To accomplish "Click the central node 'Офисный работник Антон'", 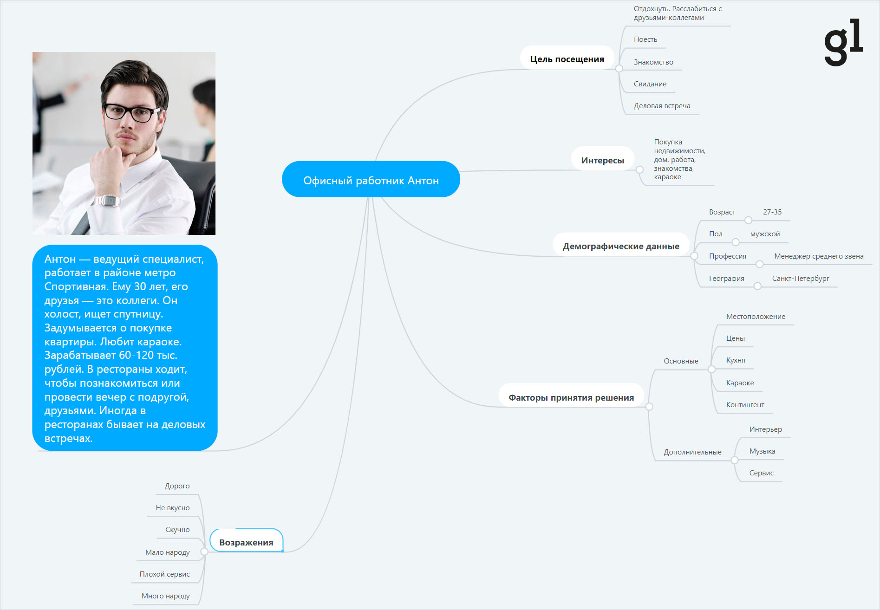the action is pyautogui.click(x=371, y=179).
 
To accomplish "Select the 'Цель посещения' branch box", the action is pyautogui.click(x=567, y=58).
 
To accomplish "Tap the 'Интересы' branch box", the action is pyautogui.click(x=602, y=159).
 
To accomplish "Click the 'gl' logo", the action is pyautogui.click(x=843, y=42).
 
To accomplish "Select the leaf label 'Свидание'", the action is pyautogui.click(x=650, y=84).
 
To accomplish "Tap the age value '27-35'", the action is pyautogui.click(x=772, y=212).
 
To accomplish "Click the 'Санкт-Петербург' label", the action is pyautogui.click(x=801, y=279).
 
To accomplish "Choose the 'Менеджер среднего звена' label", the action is pyautogui.click(x=819, y=256).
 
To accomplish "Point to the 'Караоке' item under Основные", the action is pyautogui.click(x=740, y=383).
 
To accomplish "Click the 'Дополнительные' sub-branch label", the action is pyautogui.click(x=692, y=452).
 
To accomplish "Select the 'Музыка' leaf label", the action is pyautogui.click(x=762, y=451).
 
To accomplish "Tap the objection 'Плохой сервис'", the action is pyautogui.click(x=164, y=574).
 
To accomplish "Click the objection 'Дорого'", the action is pyautogui.click(x=177, y=486).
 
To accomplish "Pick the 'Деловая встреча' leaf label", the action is pyautogui.click(x=662, y=106).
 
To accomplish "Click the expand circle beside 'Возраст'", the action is pyautogui.click(x=748, y=220).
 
